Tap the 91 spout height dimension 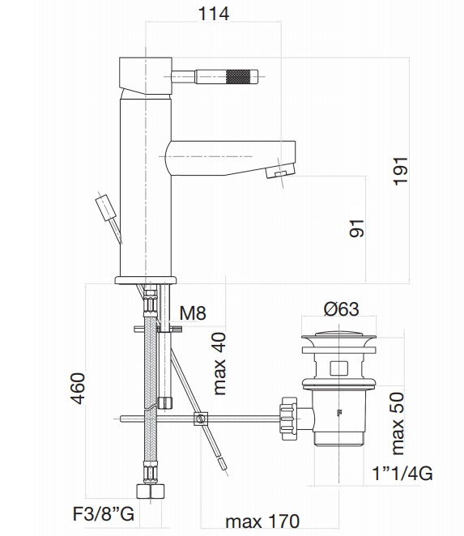[357, 228]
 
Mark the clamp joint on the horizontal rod [199, 419]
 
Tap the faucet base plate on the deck [146, 280]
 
